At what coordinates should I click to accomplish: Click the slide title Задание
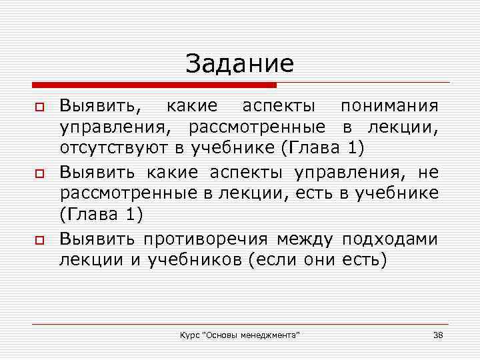[x=239, y=64]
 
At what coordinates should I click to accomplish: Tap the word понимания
[x=389, y=107]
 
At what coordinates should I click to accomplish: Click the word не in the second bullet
[x=428, y=173]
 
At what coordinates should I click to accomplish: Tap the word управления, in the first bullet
[x=119, y=127]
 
